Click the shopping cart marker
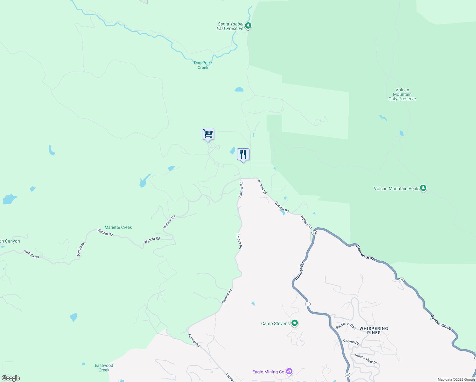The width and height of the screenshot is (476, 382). [x=208, y=134]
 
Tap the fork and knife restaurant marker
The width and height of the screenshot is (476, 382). [x=243, y=155]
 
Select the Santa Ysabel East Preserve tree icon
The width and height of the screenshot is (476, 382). [x=248, y=25]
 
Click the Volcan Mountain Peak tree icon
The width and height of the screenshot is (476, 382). [x=423, y=188]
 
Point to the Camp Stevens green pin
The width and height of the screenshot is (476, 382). [x=295, y=323]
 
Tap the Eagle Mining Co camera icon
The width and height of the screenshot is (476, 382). [x=289, y=371]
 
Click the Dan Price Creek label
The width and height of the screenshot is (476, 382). [x=203, y=65]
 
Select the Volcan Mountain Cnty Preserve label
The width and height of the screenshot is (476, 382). [x=402, y=94]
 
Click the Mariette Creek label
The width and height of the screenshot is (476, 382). [x=118, y=227]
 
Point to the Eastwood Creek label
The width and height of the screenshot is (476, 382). [x=104, y=368]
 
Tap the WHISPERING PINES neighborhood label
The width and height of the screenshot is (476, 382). [x=374, y=330]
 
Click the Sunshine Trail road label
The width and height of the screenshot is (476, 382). [x=346, y=325]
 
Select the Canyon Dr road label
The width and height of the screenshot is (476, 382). [x=351, y=342]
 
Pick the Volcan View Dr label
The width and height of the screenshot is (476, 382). [x=366, y=359]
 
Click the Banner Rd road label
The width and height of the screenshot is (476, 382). [x=299, y=271]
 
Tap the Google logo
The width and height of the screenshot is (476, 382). [x=11, y=378]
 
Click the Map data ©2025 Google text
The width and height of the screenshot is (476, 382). [x=456, y=379]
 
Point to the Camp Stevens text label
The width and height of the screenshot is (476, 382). [x=275, y=323]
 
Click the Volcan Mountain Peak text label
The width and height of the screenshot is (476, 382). [x=396, y=188]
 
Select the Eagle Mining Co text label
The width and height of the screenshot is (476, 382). [x=268, y=372]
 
